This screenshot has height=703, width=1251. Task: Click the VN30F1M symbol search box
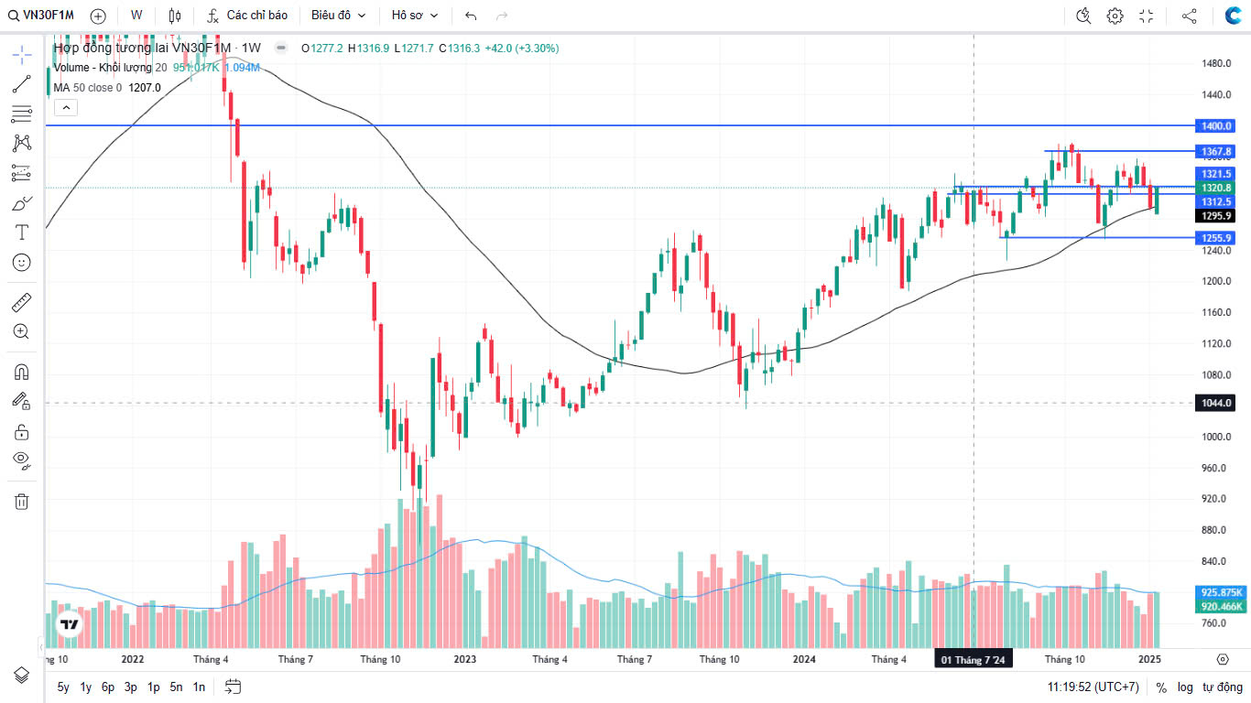pos(43,16)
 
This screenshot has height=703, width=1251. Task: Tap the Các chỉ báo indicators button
pos(247,16)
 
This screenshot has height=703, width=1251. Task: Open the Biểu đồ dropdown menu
pos(338,16)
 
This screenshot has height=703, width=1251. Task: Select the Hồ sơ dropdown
pos(415,16)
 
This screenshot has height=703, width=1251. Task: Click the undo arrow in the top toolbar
pos(471,16)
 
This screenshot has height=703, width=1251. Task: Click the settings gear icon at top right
pos(1115,16)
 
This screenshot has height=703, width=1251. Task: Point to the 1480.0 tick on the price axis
pos(1215,63)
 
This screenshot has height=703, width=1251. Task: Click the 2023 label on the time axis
pos(464,659)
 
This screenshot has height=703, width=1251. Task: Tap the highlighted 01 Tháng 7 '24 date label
pos(973,660)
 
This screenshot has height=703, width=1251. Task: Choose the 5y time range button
pos(63,687)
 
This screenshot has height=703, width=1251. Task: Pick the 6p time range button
pos(108,687)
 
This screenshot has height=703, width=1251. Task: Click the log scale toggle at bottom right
pos(1185,687)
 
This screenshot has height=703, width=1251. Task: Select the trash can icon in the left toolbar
pos(22,501)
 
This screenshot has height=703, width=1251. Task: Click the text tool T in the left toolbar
pos(22,233)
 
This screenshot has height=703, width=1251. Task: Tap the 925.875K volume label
pos(1221,592)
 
